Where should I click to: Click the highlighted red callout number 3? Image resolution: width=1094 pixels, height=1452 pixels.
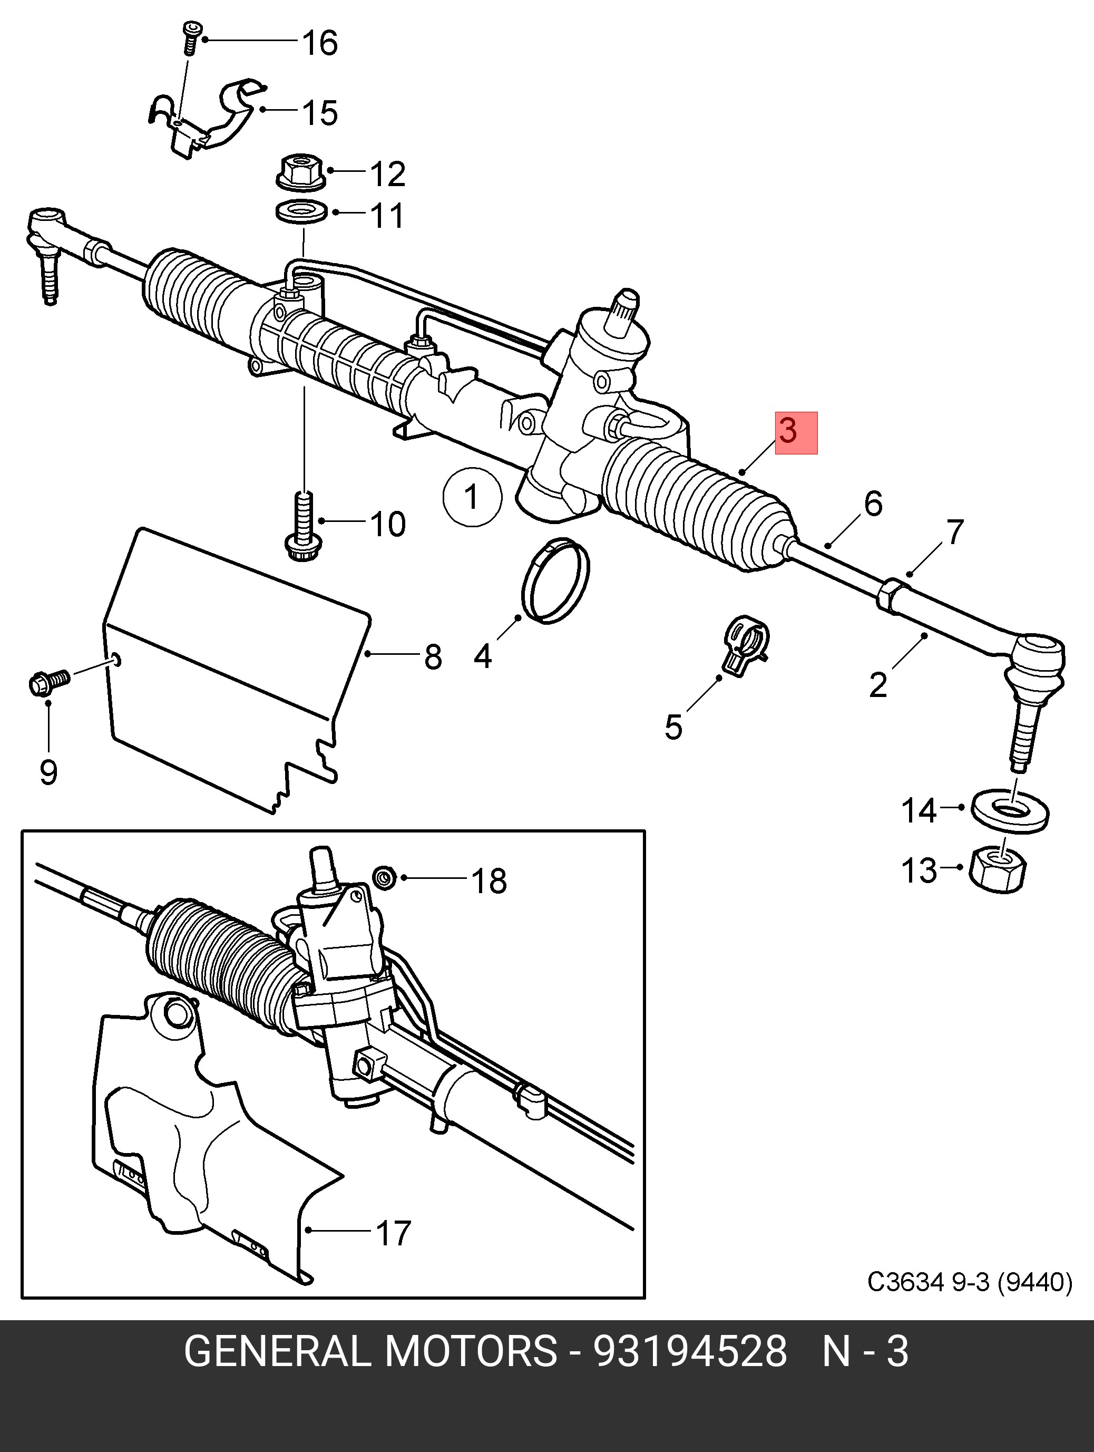pos(795,432)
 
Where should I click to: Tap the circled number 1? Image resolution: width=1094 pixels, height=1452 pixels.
pos(472,497)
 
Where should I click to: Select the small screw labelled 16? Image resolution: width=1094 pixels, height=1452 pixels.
pos(190,38)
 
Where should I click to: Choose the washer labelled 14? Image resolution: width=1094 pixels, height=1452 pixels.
pos(1009,811)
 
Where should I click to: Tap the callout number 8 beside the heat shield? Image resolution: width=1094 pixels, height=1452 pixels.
pos(433,656)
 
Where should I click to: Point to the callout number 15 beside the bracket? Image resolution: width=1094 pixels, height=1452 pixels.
pos(320,112)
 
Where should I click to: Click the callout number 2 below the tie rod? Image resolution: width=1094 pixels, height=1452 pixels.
pos(878,685)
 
